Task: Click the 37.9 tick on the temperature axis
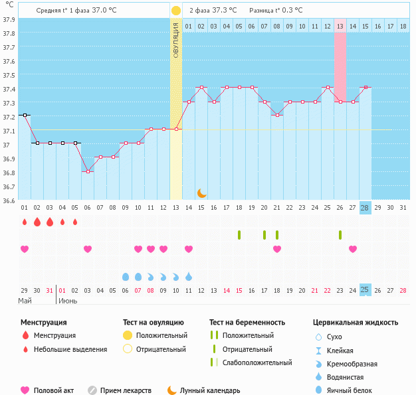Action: [9, 19]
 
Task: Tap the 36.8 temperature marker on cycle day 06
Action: [88, 171]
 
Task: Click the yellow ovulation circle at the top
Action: [175, 11]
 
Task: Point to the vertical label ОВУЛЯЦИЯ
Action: [175, 40]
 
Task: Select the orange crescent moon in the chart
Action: [202, 193]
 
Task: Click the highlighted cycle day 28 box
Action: [365, 207]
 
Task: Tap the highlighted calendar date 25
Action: [365, 290]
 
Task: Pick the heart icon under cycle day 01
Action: [25, 249]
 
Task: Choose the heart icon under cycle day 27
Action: [353, 249]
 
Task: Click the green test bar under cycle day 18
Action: [239, 235]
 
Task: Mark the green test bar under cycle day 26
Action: [340, 235]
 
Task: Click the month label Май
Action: [25, 301]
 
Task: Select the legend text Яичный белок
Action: [354, 390]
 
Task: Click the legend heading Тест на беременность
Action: [247, 322]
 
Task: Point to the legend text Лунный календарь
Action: [211, 390]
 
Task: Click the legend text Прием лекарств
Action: [126, 390]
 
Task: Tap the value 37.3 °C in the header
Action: [225, 11]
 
